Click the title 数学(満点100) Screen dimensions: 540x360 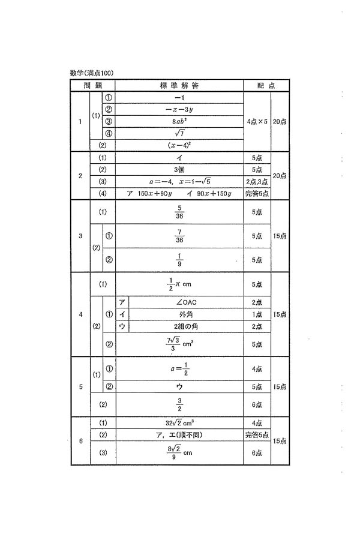tap(92, 73)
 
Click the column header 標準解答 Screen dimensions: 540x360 tap(179, 85)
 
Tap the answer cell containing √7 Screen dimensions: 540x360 tap(179, 133)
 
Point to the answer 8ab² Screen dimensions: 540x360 tap(179, 121)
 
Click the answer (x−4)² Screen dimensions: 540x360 tap(179, 145)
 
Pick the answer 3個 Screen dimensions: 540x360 tap(179, 170)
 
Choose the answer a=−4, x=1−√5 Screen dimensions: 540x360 tap(179, 182)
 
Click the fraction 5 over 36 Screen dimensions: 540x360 tap(179, 212)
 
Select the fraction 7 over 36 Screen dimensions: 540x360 tap(179, 236)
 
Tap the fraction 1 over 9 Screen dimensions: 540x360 tap(179, 260)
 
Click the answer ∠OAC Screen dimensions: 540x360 tap(185, 302)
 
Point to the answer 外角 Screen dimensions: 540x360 tap(185, 314)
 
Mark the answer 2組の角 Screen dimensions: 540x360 tap(185, 326)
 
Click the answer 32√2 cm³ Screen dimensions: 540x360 tap(179, 422)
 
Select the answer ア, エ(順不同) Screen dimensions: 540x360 tap(179, 434)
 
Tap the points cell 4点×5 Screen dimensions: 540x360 tap(257, 121)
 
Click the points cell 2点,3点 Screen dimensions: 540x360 tap(257, 182)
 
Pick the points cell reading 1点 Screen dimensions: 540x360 tap(257, 314)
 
